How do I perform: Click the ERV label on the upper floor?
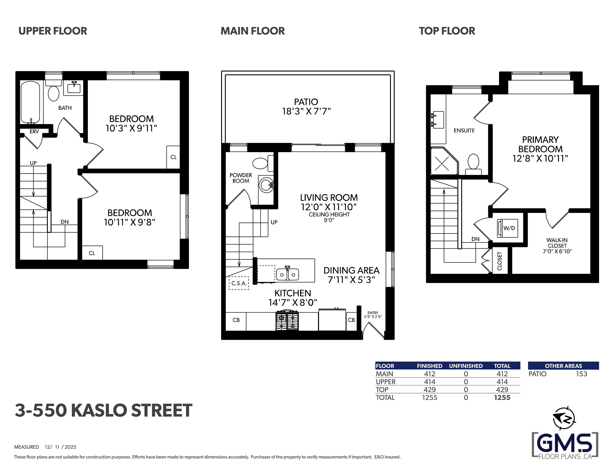(x=34, y=131)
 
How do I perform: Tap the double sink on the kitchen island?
(x=287, y=274)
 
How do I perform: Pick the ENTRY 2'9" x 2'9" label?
(x=373, y=315)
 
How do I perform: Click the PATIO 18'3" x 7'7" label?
(x=306, y=107)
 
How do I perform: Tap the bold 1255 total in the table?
(x=502, y=398)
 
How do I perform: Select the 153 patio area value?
(x=581, y=374)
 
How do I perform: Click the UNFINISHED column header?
(x=466, y=366)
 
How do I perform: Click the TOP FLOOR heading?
(x=447, y=31)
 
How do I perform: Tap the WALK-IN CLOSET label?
(x=557, y=243)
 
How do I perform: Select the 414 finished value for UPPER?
(x=430, y=382)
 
